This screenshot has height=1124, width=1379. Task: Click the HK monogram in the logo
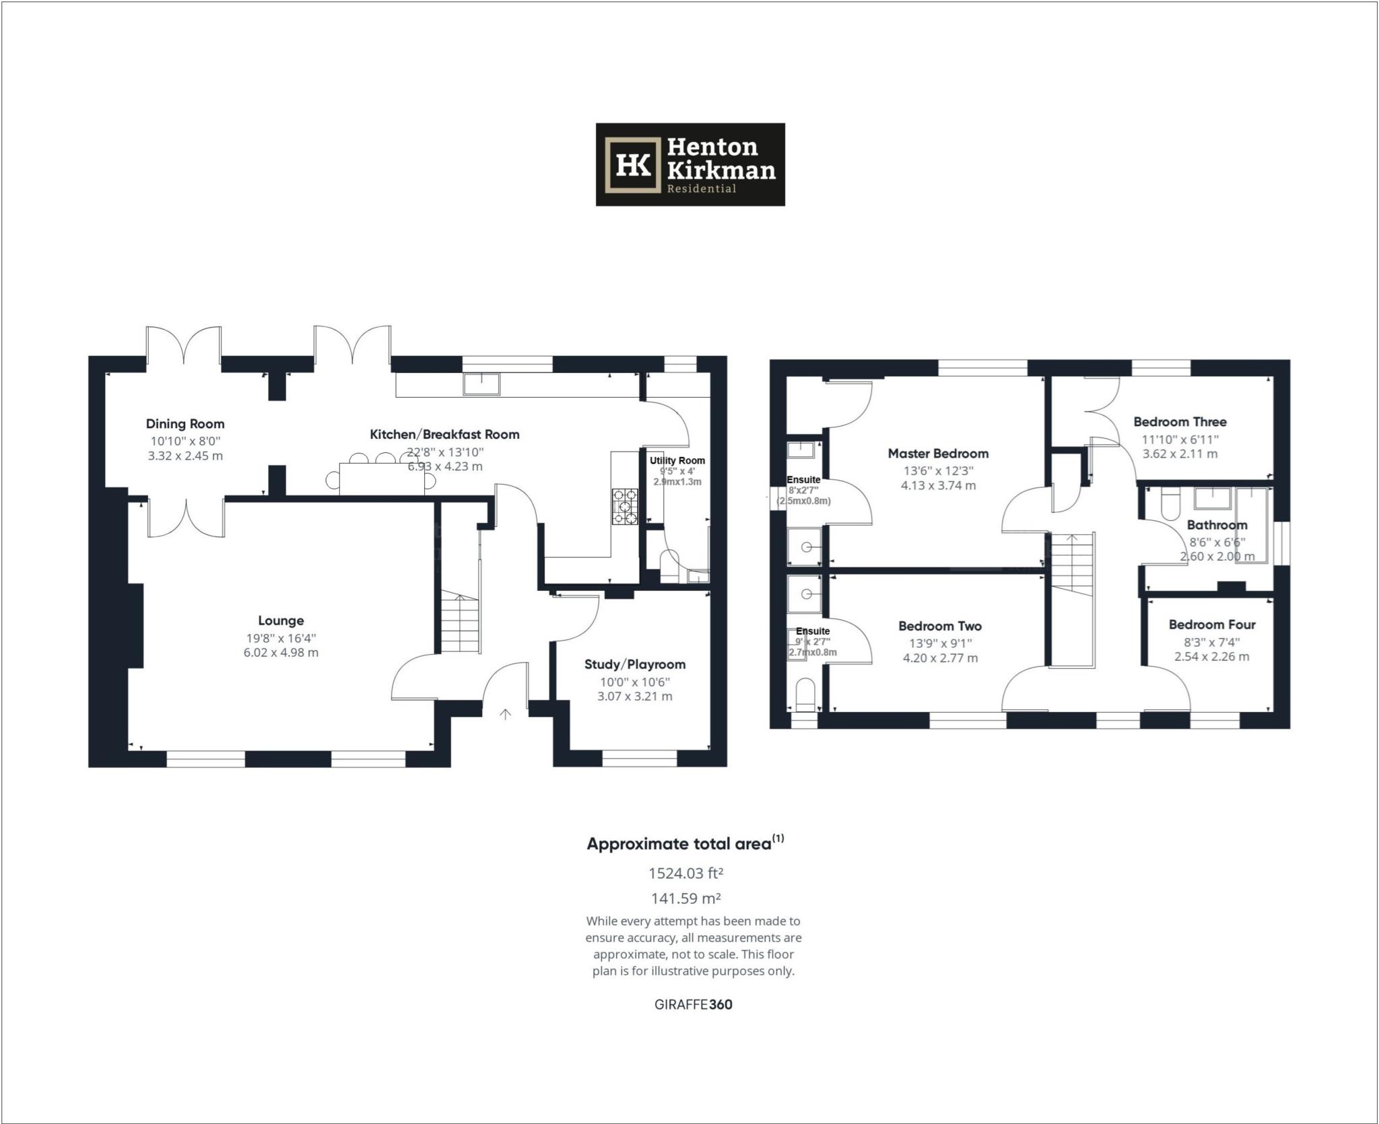(632, 165)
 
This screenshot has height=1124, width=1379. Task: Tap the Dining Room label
(185, 424)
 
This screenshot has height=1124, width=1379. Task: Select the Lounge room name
(281, 621)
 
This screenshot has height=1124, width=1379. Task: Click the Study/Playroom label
(634, 664)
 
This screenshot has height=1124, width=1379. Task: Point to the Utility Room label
(677, 460)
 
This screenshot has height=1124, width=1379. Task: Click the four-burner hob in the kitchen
(625, 506)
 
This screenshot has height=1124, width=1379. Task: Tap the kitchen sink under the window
(481, 384)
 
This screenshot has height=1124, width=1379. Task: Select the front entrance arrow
(505, 714)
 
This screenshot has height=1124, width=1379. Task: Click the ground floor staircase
(460, 623)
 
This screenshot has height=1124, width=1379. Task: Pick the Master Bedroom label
(938, 454)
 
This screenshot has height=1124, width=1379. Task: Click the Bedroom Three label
(1180, 422)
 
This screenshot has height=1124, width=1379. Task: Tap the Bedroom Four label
(1211, 625)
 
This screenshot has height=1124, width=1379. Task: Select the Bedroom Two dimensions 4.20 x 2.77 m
(940, 658)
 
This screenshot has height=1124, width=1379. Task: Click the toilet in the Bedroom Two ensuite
(805, 695)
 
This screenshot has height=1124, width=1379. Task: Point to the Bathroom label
(1217, 525)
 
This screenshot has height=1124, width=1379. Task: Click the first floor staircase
(1073, 565)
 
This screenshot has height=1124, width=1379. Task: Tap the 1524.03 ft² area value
(685, 874)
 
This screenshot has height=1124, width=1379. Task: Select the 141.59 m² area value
(685, 899)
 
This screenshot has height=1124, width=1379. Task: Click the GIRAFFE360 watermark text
(693, 1005)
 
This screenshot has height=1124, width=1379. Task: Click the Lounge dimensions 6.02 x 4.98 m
(281, 653)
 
